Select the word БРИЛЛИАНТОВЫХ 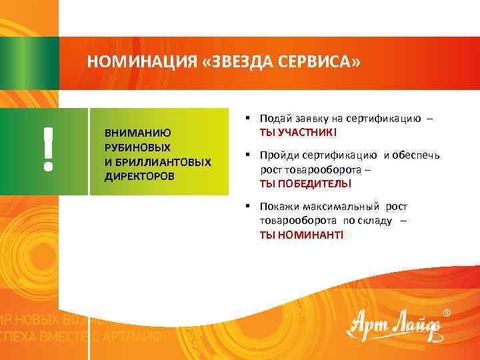tap(163, 162)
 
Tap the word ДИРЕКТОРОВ tap(139, 177)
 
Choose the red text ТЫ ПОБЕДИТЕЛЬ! tap(305, 183)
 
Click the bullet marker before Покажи tap(247, 206)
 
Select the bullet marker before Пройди tap(247, 155)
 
